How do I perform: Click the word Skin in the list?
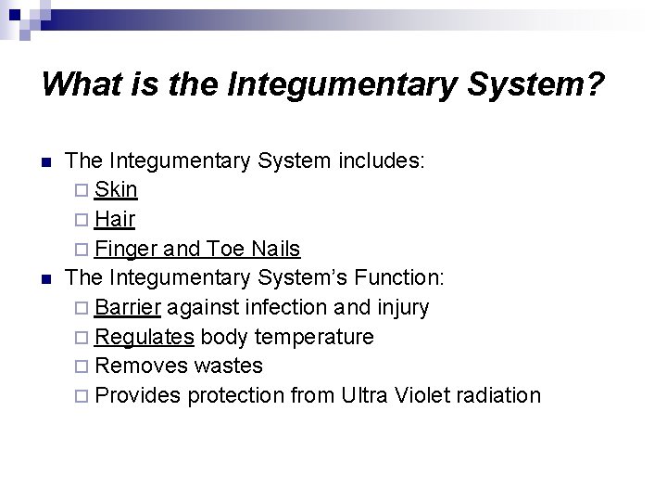tap(116, 190)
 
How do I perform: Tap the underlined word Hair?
tap(115, 220)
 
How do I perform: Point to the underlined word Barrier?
tap(128, 307)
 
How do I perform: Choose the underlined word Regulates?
tap(144, 337)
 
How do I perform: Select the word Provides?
tap(138, 396)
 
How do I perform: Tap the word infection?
tap(284, 307)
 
